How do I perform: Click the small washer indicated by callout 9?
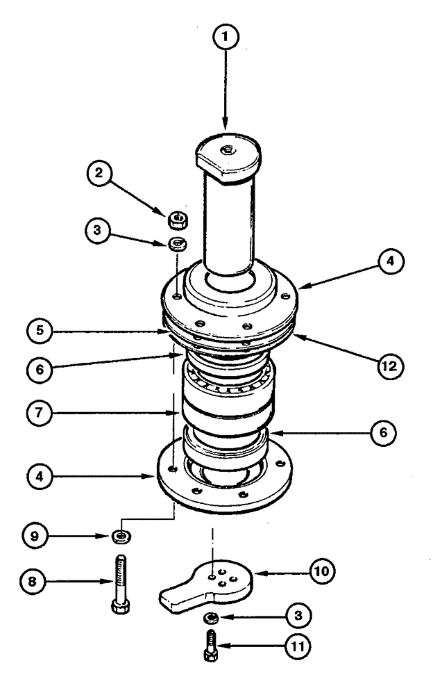[121, 536]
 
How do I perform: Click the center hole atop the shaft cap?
[228, 149]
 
